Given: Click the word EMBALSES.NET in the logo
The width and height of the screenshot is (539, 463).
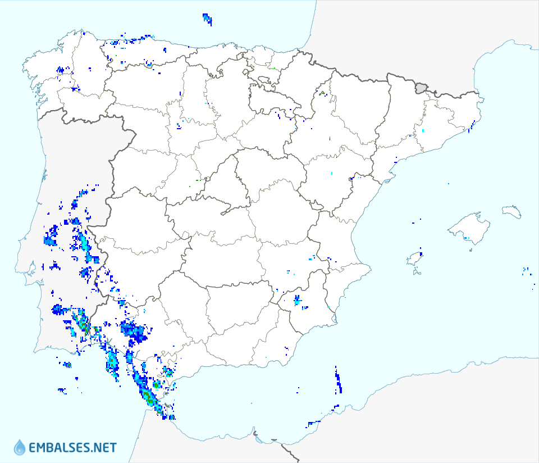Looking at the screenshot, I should (x=72, y=448).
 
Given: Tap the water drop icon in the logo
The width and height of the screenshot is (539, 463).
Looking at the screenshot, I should (x=20, y=447).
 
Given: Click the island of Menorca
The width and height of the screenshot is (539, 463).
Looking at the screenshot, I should (x=512, y=212).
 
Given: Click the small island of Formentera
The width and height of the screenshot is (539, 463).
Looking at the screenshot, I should (x=417, y=273).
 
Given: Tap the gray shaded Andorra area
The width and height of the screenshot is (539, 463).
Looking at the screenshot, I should (x=421, y=88).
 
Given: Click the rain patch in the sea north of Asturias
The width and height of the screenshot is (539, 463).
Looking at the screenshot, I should (x=207, y=19).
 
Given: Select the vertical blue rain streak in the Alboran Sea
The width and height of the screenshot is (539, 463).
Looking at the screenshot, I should (x=338, y=381).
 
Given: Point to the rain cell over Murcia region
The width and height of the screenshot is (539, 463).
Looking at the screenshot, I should (x=297, y=301).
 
